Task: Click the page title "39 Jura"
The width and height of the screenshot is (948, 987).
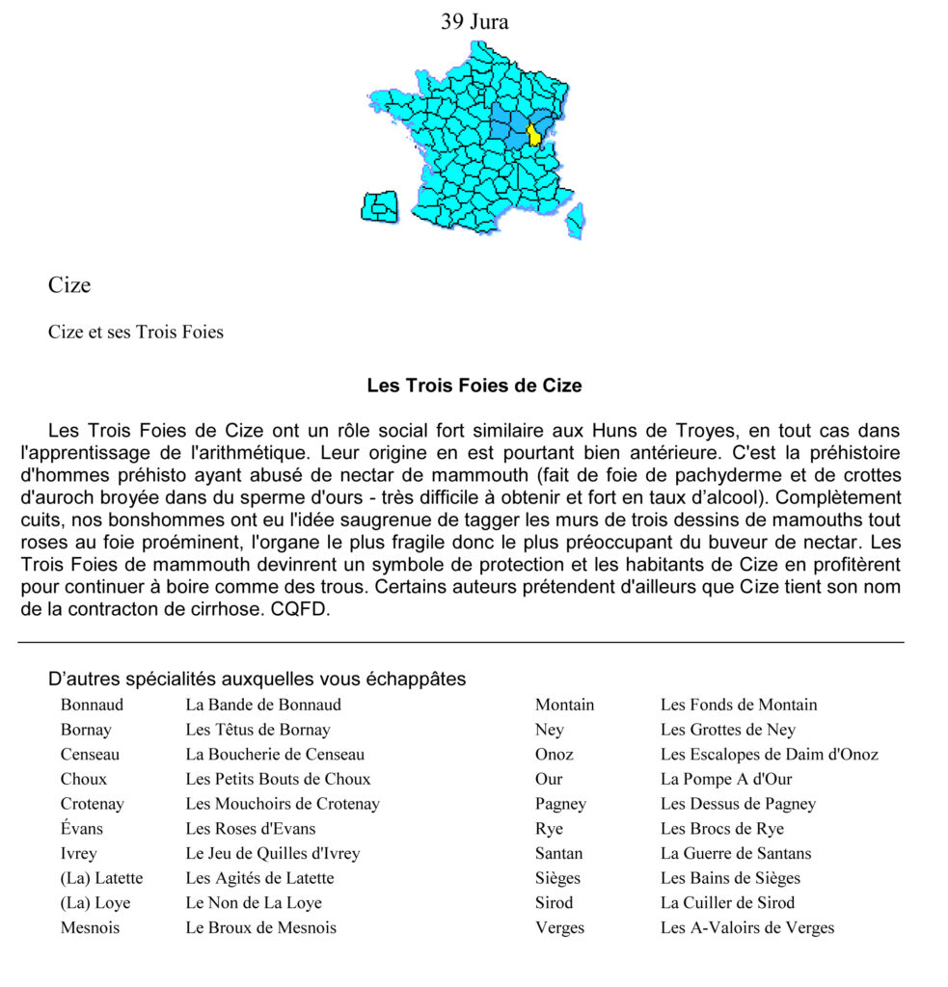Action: click(x=474, y=21)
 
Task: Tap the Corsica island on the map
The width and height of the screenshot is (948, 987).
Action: click(x=576, y=220)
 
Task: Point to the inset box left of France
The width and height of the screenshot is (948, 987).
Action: click(x=380, y=207)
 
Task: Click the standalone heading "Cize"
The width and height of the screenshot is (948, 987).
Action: click(x=69, y=285)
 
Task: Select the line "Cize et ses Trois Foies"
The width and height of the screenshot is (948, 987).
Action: click(x=136, y=333)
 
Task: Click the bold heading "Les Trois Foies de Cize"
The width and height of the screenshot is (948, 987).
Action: click(x=474, y=386)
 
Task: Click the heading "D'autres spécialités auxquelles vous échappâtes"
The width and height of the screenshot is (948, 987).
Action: click(x=257, y=680)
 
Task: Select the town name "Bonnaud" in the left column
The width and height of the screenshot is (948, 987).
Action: click(x=93, y=705)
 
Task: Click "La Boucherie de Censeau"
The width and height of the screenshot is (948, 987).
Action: click(x=275, y=755)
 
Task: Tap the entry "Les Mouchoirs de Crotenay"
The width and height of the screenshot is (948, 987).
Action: click(x=283, y=804)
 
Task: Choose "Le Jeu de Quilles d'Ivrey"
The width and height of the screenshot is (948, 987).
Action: click(x=273, y=854)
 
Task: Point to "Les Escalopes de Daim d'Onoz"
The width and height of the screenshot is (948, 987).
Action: click(x=770, y=755)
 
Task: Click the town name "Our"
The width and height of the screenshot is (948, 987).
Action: click(x=549, y=779)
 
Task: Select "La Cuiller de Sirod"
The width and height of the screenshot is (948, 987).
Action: click(x=728, y=903)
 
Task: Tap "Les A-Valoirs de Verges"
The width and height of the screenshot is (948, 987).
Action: click(x=747, y=928)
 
